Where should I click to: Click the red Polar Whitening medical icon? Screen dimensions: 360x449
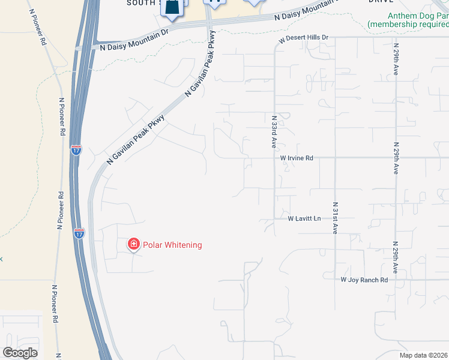(133, 244)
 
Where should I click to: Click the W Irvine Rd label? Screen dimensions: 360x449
(297, 158)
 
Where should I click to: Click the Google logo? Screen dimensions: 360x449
(20, 353)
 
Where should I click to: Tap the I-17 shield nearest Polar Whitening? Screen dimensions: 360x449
(79, 233)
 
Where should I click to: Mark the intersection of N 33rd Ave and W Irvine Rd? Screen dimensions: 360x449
(274, 158)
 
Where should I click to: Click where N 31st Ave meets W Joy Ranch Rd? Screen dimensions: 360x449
(335, 280)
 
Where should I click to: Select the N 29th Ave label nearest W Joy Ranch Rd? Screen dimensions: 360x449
(395, 257)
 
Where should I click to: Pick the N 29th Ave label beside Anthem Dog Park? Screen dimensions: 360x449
(396, 58)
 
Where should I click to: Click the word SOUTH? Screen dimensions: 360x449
(142, 3)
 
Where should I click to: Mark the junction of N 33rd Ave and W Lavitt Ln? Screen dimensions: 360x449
(274, 218)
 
